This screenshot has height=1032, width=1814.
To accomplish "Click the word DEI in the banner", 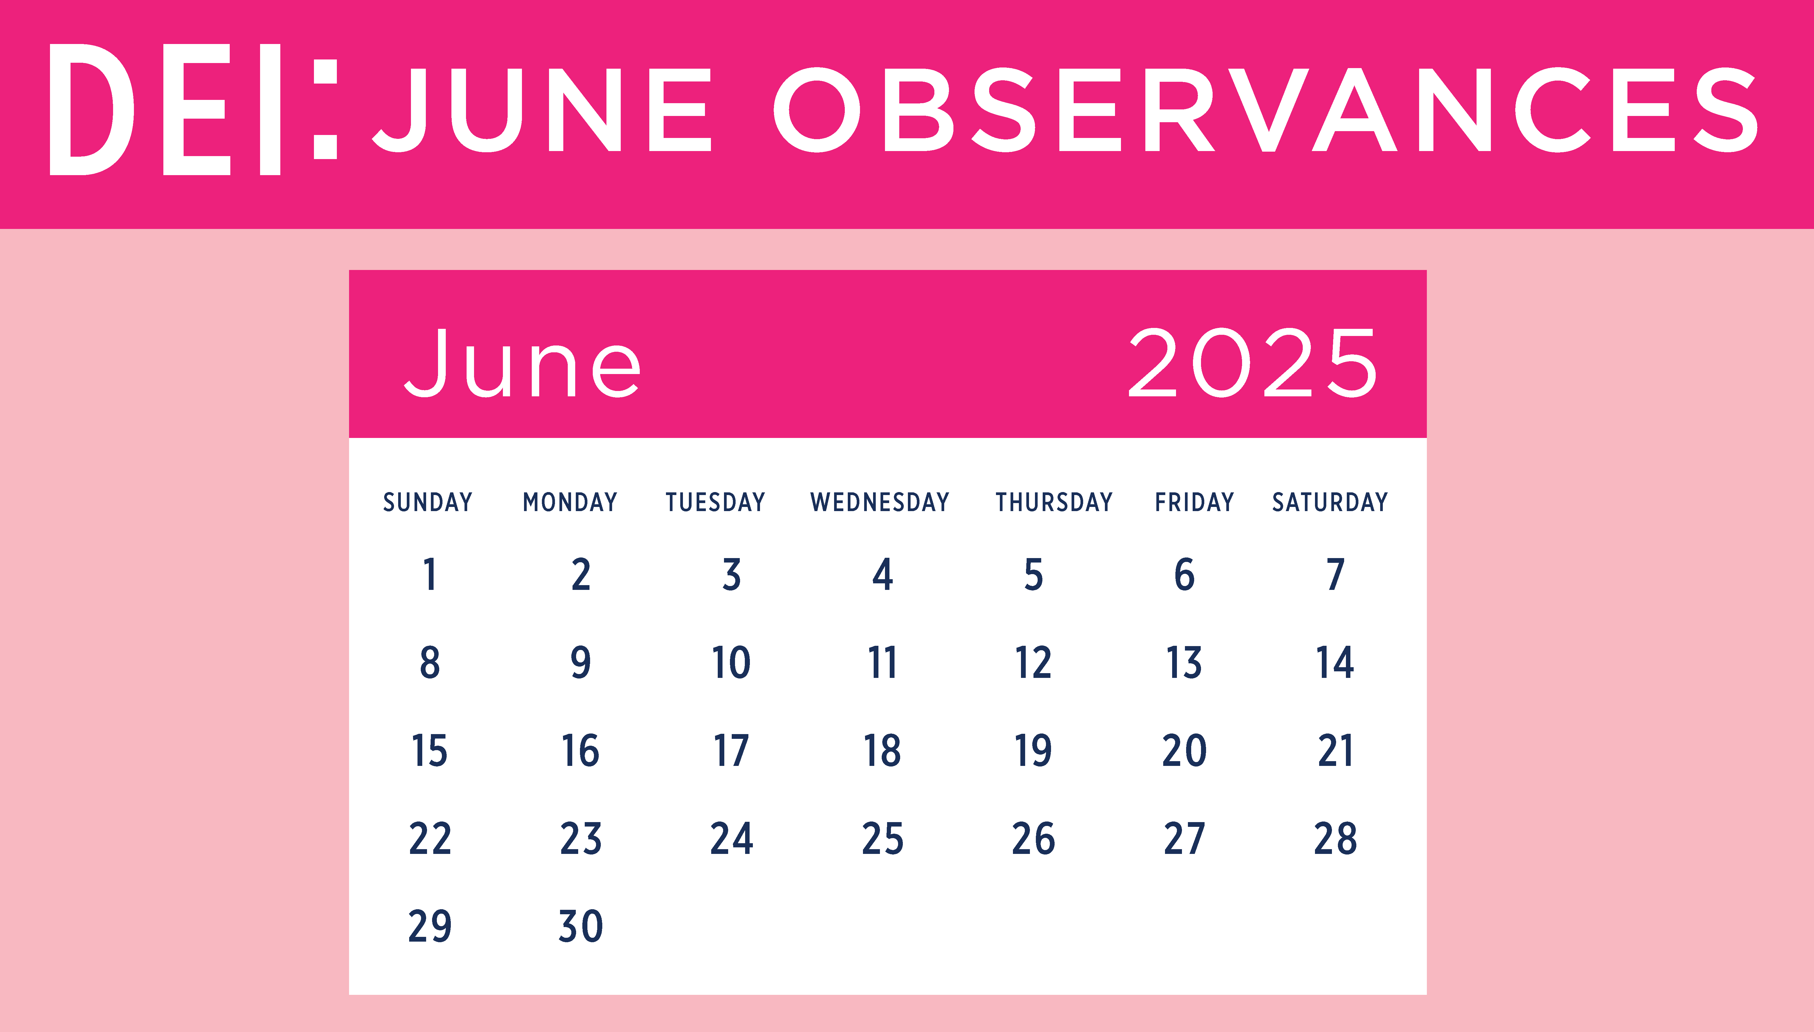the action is (165, 109).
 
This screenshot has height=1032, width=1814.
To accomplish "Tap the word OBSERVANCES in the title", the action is (1265, 110).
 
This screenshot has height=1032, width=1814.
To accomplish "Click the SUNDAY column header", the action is (428, 502).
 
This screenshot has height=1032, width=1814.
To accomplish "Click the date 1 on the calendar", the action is (430, 574).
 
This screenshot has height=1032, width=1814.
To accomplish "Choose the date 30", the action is (581, 926).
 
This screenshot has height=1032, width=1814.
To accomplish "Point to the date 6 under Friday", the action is (1184, 574).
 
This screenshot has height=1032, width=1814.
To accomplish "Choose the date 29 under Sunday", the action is (430, 926).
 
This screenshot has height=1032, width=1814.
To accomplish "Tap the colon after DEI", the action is (326, 109).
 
